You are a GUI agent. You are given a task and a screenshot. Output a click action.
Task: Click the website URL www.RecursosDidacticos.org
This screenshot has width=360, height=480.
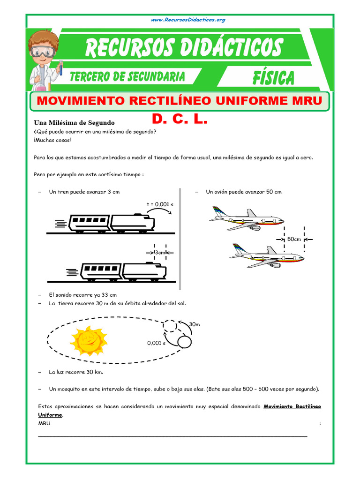tap(188, 20)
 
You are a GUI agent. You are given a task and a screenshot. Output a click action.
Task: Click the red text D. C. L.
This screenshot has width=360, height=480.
tap(180, 120)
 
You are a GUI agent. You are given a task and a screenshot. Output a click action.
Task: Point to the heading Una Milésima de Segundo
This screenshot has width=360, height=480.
tap(75, 122)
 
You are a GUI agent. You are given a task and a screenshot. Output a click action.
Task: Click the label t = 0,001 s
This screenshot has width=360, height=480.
tap(160, 204)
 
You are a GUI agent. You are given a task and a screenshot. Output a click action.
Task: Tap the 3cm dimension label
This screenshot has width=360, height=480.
tap(160, 252)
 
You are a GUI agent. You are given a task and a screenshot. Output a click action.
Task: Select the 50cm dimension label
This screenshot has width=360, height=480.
tap(294, 239)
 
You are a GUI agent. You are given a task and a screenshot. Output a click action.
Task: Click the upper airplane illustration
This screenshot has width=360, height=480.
tap(247, 218)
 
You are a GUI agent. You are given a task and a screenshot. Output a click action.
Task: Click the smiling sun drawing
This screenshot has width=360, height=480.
tap(89, 339)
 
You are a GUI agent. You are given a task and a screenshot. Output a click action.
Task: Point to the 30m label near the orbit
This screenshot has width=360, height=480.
tap(195, 324)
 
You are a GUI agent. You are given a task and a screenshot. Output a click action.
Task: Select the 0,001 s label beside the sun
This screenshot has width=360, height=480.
tap(156, 343)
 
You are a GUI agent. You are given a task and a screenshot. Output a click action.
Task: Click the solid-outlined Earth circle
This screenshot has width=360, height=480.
tap(184, 342)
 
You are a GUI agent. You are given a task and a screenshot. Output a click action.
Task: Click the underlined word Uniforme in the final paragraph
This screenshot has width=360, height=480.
tap(50, 415)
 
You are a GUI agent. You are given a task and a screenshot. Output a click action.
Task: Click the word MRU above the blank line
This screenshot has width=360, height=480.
tap(44, 424)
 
